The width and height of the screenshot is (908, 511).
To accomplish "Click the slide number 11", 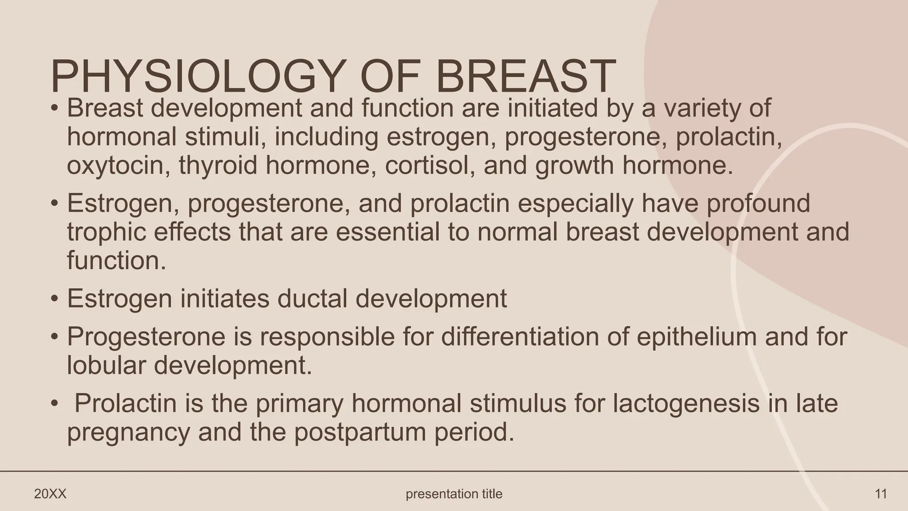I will point(881,494).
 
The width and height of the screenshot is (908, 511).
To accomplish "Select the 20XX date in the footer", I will point(50,494).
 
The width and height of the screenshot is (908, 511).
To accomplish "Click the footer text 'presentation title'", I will point(454,494).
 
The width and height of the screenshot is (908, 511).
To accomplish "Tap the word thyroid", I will point(218,165).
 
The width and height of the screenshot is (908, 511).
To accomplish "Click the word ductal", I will point(312,298).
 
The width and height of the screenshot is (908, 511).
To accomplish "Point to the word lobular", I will point(106,366).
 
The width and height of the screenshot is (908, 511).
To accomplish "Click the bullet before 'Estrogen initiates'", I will point(55,299).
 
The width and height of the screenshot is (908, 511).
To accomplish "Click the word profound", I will point(758,204).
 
